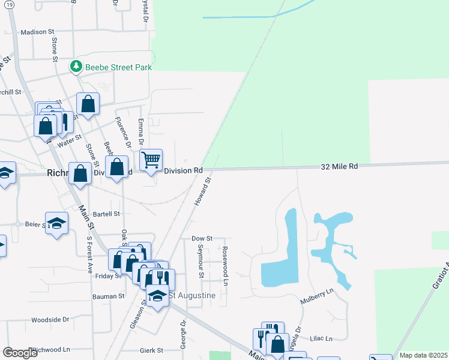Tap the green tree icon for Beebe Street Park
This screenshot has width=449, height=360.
tap(76, 66)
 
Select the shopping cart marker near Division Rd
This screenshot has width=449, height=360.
tap(151, 160)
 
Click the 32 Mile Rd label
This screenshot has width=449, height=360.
tap(339, 166)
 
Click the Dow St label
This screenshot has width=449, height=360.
tap(202, 238)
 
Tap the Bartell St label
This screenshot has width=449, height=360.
tap(106, 213)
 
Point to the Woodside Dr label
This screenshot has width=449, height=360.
tap(50, 320)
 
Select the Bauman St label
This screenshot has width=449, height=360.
tap(109, 296)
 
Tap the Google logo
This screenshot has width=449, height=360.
tap(20, 353)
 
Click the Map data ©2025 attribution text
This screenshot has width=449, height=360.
tap(423, 355)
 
